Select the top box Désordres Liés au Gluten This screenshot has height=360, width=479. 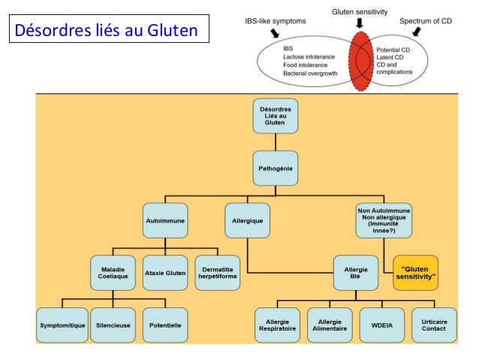coord(276,116)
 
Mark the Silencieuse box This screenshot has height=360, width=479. coord(113,325)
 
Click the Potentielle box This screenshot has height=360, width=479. coord(164,325)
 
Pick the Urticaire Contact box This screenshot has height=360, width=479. coord(433,325)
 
